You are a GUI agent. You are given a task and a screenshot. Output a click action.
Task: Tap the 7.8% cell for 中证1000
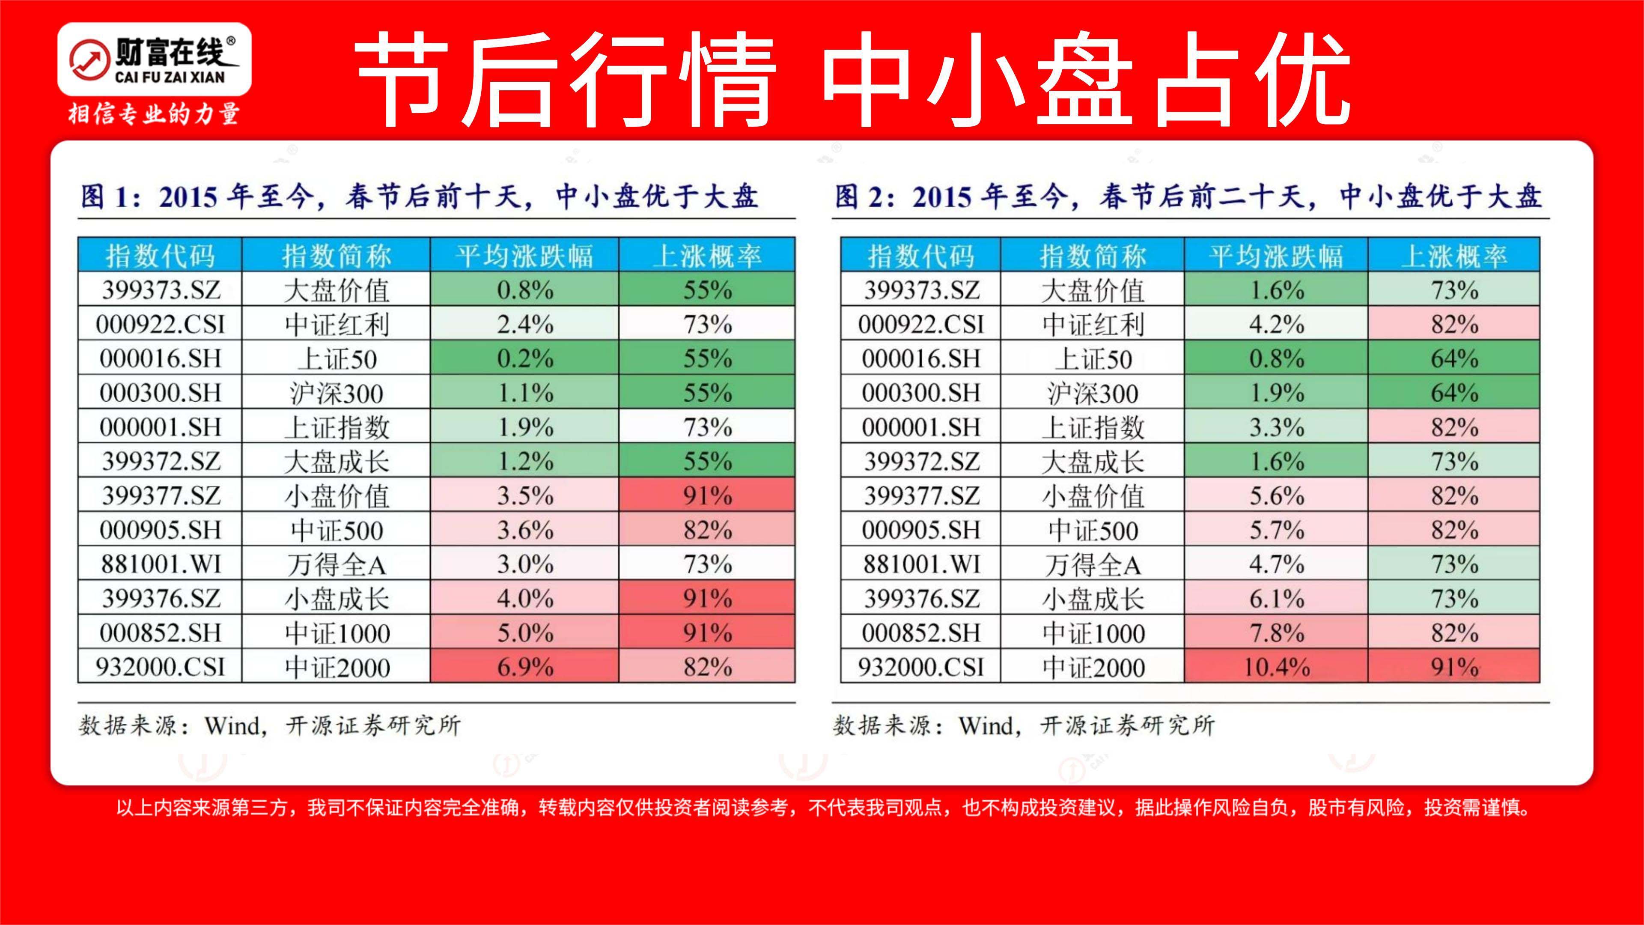coord(1276,633)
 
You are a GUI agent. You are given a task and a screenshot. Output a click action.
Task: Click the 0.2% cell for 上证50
coord(524,358)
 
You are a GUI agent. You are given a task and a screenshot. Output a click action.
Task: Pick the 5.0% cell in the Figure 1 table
coord(524,633)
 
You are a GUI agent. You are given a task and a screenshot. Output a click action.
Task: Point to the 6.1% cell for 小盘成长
coord(1276,598)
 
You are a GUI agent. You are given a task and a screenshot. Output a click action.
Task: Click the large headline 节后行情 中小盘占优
coord(852,80)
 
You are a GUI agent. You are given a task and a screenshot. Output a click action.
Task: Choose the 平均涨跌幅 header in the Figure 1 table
coord(524,255)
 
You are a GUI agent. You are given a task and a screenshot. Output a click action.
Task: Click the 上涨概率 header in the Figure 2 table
coord(1454,255)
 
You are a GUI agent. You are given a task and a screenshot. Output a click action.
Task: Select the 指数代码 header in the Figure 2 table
coord(920,255)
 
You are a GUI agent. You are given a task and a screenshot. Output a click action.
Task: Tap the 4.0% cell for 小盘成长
coord(524,598)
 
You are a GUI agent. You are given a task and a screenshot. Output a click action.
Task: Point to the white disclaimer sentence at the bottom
coord(822,808)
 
